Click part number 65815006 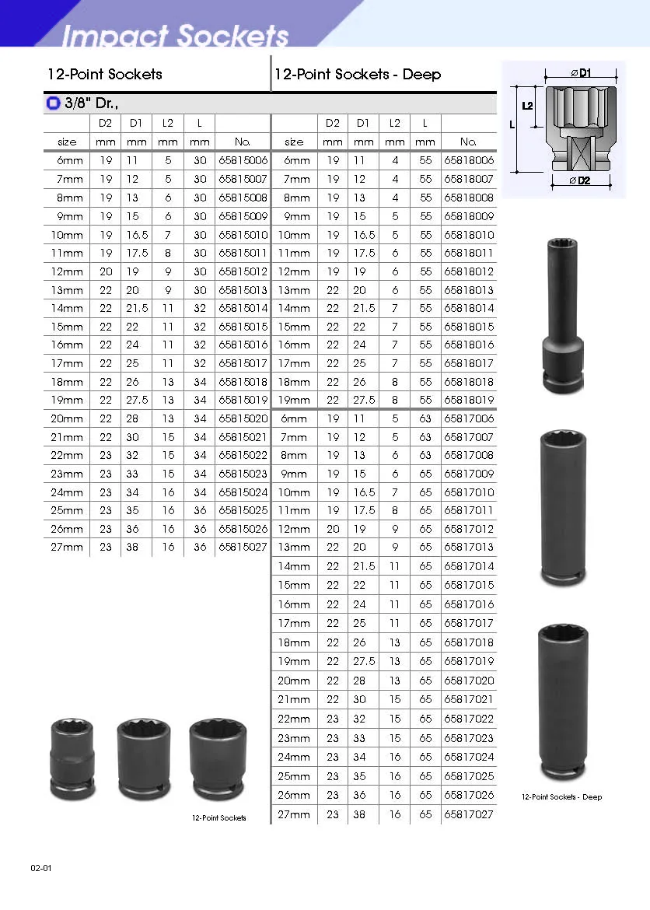[243, 161]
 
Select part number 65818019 [469, 400]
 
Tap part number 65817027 [469, 814]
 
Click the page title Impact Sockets [175, 36]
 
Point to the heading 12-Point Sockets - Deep [358, 75]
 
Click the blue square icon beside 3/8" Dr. [54, 103]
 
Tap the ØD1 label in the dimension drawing [581, 73]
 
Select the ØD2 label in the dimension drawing [580, 180]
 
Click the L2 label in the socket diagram [528, 106]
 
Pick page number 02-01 [41, 868]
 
